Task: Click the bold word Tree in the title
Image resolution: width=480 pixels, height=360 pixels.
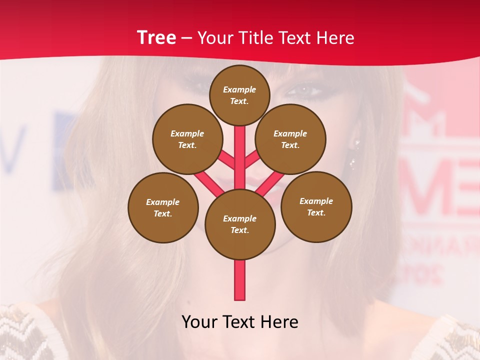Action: click(x=156, y=37)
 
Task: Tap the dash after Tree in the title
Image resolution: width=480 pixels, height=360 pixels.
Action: click(x=186, y=38)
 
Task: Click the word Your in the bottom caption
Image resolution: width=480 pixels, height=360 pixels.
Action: click(x=199, y=322)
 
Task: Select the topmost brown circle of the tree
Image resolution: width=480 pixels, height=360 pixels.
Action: click(x=239, y=95)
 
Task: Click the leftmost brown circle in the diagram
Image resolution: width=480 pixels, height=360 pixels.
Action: click(x=163, y=207)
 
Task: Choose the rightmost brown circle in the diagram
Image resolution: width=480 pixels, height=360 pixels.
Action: click(x=316, y=206)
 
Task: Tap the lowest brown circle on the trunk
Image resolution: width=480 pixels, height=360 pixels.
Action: click(x=240, y=224)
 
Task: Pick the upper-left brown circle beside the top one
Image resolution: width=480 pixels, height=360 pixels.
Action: click(x=187, y=139)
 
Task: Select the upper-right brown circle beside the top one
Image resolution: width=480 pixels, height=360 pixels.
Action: click(x=290, y=139)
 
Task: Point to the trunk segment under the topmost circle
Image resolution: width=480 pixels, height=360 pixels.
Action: click(x=240, y=150)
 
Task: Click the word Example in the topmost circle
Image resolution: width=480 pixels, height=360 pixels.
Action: click(x=239, y=89)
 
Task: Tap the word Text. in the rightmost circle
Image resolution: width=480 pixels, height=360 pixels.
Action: click(x=316, y=212)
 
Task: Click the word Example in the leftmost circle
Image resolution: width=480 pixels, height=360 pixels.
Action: click(x=162, y=202)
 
